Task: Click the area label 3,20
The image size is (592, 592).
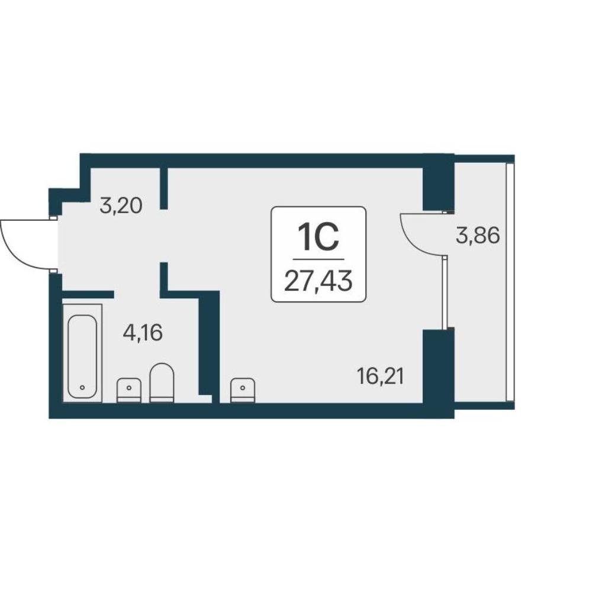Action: (x=121, y=206)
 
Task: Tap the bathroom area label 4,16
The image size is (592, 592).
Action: (x=143, y=333)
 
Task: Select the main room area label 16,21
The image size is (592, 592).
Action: (x=381, y=377)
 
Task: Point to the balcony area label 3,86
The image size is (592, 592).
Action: (x=478, y=236)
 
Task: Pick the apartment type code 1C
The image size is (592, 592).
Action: (x=318, y=237)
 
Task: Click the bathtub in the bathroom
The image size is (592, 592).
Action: (x=82, y=353)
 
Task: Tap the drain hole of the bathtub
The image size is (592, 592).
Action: (x=82, y=387)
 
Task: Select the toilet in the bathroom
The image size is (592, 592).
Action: (x=162, y=382)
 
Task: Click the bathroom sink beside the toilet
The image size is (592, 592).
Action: (x=129, y=390)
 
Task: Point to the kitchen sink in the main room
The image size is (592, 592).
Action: (x=243, y=390)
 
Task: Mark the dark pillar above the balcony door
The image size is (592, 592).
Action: (x=438, y=182)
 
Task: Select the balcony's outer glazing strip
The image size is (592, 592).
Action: (x=510, y=282)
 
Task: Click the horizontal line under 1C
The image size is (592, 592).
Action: (x=318, y=259)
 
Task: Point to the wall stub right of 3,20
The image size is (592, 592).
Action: (x=164, y=188)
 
